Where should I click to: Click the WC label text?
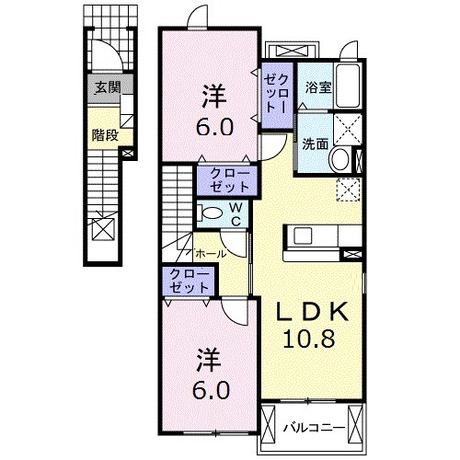coord(235,213)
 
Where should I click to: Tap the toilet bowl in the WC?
coord(211,213)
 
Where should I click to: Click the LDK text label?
coord(308,312)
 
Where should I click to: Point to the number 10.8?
coord(308,339)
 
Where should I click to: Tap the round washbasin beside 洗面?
coord(339,158)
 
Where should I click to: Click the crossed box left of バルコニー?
coord(269,426)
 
